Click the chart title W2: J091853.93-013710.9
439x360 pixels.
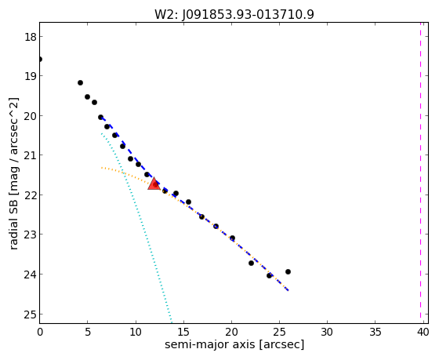(234, 14)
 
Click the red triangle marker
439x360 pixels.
(154, 184)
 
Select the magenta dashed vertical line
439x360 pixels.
(420, 170)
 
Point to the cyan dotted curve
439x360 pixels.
(136, 227)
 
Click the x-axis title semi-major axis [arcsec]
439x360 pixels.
(234, 344)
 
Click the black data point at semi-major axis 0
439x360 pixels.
(40, 59)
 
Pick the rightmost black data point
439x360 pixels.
(288, 271)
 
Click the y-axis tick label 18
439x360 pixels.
(30, 36)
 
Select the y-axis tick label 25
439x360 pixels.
(30, 315)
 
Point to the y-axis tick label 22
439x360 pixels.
(30, 195)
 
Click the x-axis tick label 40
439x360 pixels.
(423, 332)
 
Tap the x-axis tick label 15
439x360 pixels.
(183, 332)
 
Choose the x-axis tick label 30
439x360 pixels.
(327, 332)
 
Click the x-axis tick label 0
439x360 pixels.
(40, 332)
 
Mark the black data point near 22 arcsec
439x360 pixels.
(251, 263)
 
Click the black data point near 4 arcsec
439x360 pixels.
(80, 82)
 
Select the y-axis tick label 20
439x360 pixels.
(30, 116)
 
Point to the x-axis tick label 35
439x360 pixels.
(376, 332)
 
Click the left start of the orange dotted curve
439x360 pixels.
(102, 168)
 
